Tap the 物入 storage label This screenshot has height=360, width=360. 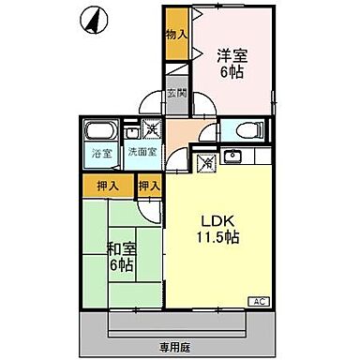175,35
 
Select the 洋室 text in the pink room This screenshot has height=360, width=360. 232,55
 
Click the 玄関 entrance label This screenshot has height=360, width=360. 176,94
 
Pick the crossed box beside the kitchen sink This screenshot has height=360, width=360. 208,161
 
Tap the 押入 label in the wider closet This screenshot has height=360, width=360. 110,187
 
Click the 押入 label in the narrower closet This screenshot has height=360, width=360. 148,187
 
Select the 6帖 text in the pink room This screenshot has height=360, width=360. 232,73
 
